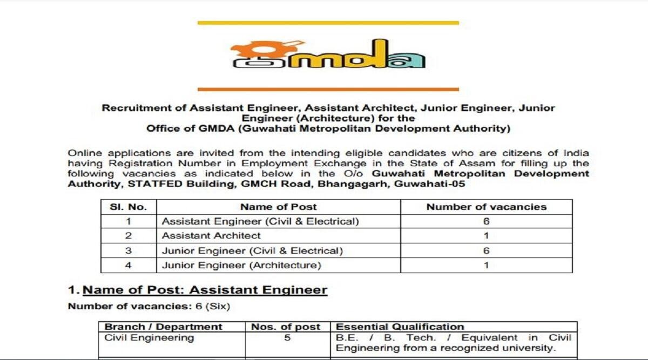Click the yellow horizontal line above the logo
click(x=328, y=23)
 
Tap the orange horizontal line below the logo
click(x=328, y=89)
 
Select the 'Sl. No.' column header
click(x=128, y=207)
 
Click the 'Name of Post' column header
click(x=278, y=207)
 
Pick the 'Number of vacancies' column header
click(x=486, y=207)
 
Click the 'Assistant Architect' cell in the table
click(x=211, y=236)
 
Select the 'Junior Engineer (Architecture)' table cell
click(x=241, y=265)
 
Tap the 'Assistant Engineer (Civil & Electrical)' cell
click(x=260, y=221)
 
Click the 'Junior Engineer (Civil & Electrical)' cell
click(x=252, y=250)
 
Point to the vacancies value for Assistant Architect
click(x=486, y=236)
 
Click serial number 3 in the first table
click(x=128, y=250)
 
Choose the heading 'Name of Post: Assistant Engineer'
click(x=205, y=290)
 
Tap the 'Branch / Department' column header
click(x=163, y=327)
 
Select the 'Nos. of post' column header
click(x=286, y=327)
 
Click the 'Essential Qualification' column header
click(x=400, y=327)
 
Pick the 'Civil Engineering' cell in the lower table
click(x=149, y=338)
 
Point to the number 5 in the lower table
click(x=287, y=338)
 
